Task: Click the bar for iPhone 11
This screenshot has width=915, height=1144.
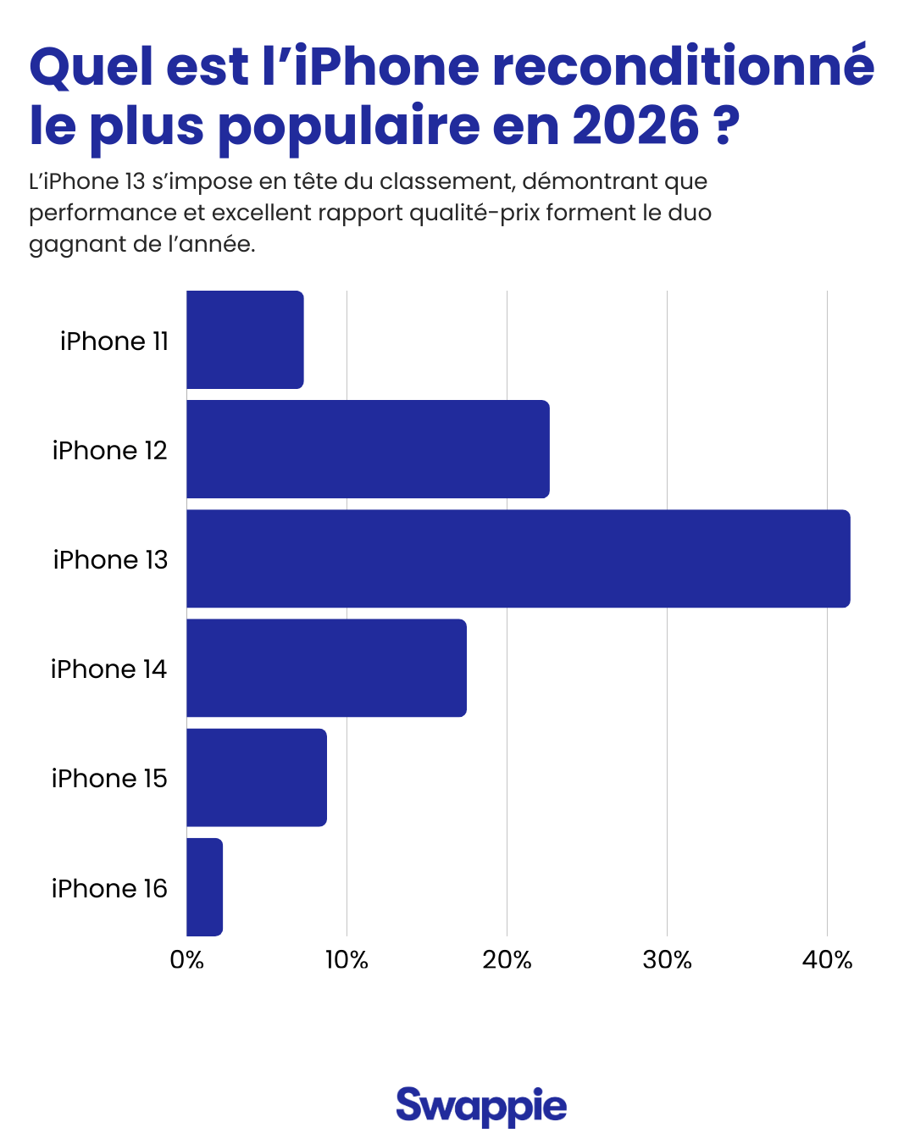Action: point(245,340)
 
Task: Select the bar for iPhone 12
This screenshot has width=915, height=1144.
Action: point(368,449)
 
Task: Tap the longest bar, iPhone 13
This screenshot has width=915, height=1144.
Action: point(518,558)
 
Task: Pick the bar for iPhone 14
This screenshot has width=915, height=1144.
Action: point(326,668)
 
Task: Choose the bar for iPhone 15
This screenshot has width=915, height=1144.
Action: point(256,777)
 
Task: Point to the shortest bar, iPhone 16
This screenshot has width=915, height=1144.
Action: point(204,887)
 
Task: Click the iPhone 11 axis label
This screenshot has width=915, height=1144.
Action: point(114,341)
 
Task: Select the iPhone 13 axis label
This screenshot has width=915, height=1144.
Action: point(110,559)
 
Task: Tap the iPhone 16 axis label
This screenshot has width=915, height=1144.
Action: point(109,888)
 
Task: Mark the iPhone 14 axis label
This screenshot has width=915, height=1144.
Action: point(108,669)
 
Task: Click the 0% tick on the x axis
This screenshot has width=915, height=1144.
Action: point(186,960)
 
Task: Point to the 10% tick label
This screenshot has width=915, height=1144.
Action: point(347,960)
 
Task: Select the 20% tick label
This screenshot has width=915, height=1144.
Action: point(507,960)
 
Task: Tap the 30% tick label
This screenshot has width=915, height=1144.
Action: point(667,960)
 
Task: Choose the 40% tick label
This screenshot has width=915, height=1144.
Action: point(827,960)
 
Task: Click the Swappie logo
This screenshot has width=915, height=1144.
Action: point(481,1106)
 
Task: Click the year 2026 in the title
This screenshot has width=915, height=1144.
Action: point(635,125)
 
